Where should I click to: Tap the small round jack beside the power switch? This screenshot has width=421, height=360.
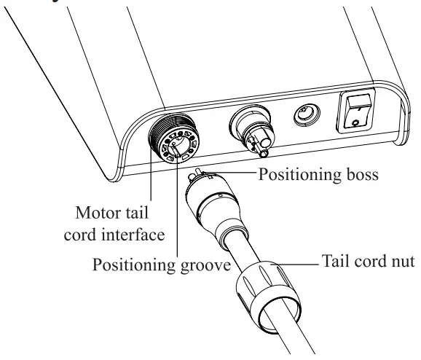click(301, 115)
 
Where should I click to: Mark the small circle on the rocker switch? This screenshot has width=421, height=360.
click(355, 123)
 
